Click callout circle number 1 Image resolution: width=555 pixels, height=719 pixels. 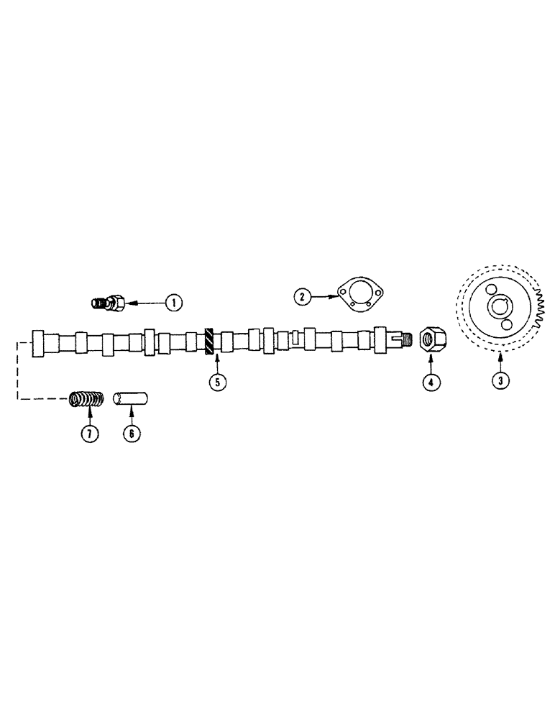point(173,303)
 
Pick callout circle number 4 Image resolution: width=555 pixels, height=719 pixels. point(430,382)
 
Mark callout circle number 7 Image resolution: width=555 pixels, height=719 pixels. point(89,434)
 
